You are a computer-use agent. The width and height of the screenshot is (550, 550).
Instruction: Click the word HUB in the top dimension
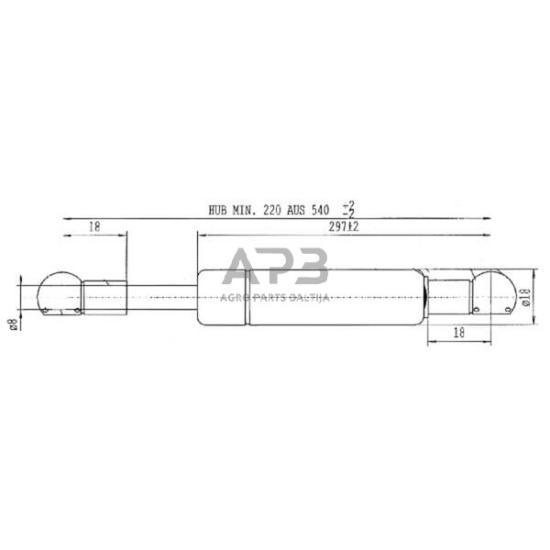coord(219,210)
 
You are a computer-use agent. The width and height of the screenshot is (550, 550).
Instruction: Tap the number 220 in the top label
coord(273,210)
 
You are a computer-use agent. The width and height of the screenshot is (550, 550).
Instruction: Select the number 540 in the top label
coord(319,210)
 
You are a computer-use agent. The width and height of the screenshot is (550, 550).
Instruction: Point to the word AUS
coord(296,210)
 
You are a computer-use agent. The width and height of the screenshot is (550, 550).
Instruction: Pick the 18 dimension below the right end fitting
coord(458,335)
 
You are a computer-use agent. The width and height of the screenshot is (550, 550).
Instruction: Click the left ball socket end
coord(58,295)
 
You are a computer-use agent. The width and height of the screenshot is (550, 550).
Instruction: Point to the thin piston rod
coord(160,294)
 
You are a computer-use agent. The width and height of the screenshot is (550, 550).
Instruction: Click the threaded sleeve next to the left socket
coord(103,294)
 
